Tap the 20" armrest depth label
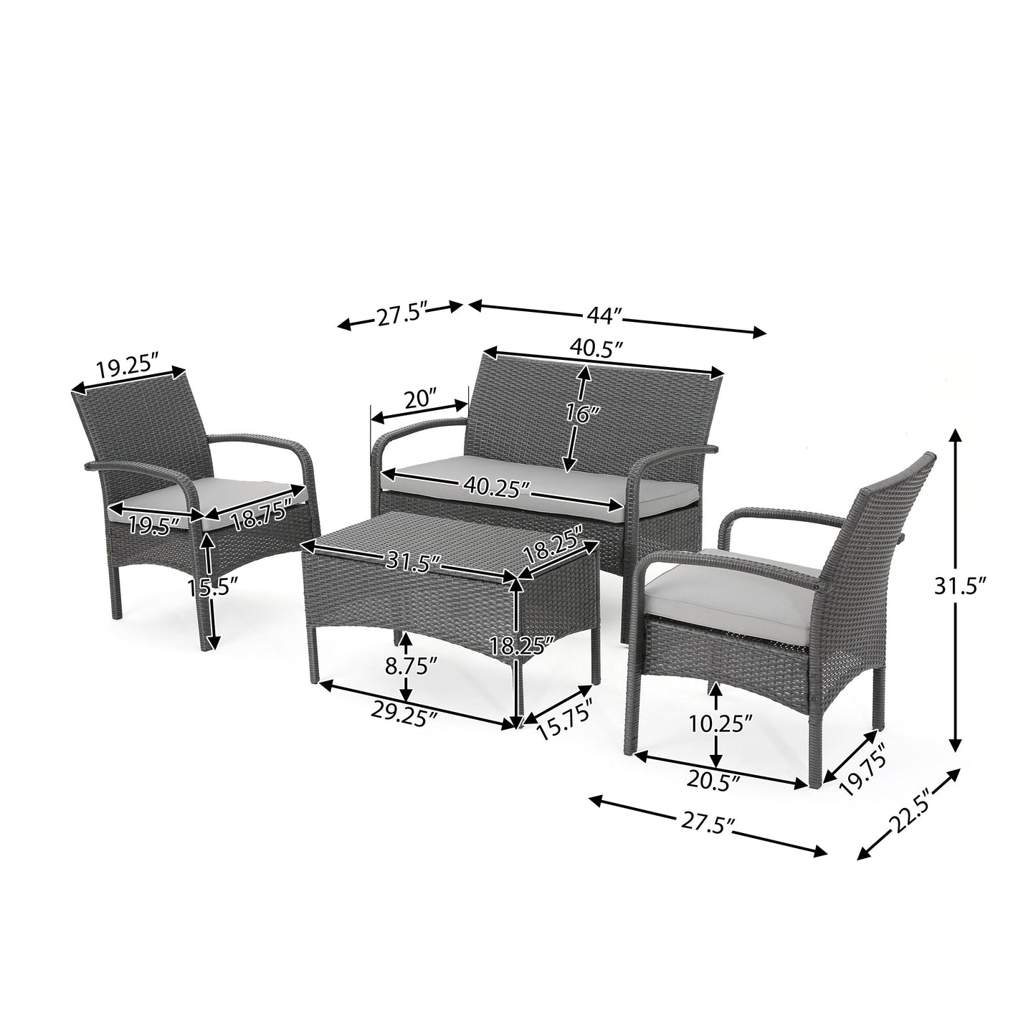[x=420, y=399]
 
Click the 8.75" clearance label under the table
[x=407, y=666]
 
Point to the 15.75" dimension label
[x=564, y=724]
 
